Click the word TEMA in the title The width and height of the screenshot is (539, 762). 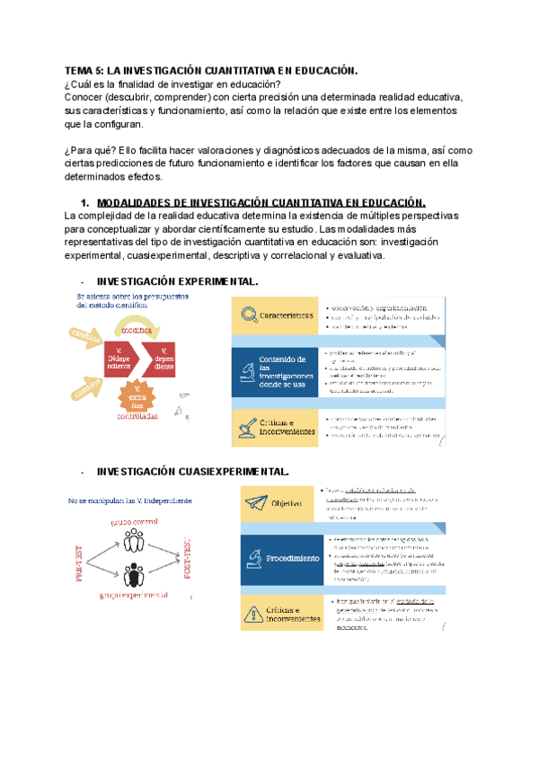(x=80, y=70)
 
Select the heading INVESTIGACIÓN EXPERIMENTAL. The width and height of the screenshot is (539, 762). (x=177, y=281)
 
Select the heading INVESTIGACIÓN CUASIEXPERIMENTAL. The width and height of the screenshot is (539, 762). (x=193, y=471)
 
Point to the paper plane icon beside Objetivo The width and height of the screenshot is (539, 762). (x=258, y=503)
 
